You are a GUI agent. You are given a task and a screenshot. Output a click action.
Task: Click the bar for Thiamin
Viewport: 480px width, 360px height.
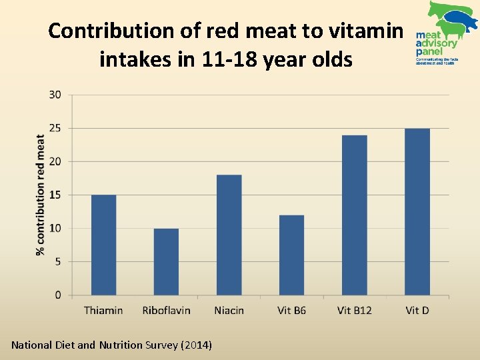[x=103, y=245]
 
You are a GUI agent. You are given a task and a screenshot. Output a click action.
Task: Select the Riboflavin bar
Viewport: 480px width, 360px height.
[x=166, y=261]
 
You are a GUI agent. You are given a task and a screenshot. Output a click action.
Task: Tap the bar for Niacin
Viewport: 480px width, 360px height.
[x=229, y=235]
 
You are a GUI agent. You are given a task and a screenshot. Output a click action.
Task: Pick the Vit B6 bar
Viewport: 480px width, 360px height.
[x=291, y=255]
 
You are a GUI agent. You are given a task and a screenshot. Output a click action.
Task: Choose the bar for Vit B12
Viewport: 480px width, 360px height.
[x=354, y=215]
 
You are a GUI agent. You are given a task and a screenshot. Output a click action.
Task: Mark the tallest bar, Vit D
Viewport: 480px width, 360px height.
[x=417, y=211]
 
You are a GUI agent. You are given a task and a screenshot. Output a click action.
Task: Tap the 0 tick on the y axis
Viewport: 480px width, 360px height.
[x=57, y=295]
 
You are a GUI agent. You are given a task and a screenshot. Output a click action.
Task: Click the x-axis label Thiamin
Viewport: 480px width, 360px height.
[x=103, y=310]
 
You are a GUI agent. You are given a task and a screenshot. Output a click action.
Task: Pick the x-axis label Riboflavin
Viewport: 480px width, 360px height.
[x=166, y=310]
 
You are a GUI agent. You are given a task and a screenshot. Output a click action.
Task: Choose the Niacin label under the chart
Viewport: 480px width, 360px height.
[x=229, y=310]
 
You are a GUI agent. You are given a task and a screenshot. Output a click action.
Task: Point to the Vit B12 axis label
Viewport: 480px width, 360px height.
[x=354, y=310]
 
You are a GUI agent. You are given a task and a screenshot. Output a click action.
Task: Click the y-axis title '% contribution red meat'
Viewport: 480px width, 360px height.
[x=40, y=195]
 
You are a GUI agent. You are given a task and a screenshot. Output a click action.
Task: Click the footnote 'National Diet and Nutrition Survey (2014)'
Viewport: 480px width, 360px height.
[x=112, y=345]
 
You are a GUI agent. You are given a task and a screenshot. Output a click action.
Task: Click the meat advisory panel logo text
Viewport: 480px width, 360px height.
[x=437, y=43]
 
